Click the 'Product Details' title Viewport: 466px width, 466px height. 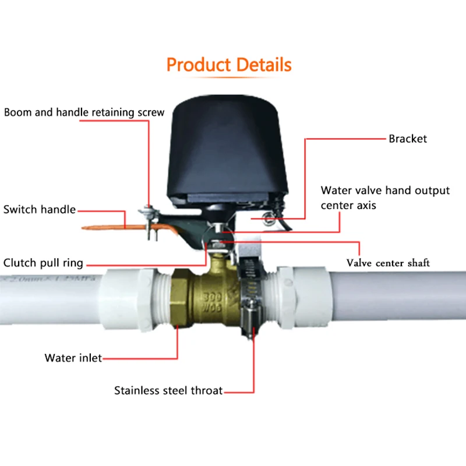pyautogui.click(x=229, y=65)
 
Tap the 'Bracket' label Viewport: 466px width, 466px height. pyautogui.click(x=408, y=139)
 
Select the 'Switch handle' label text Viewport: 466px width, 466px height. pyautogui.click(x=40, y=209)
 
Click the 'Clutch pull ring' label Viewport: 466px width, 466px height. pyautogui.click(x=43, y=263)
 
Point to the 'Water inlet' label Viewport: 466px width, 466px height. pyautogui.click(x=73, y=358)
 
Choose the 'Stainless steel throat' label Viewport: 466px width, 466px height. pyautogui.click(x=168, y=390)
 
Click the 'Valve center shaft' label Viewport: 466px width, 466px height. pyautogui.click(x=388, y=263)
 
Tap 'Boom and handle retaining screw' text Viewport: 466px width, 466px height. pyautogui.click(x=84, y=112)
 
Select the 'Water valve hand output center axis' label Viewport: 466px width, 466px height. pyautogui.click(x=384, y=197)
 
